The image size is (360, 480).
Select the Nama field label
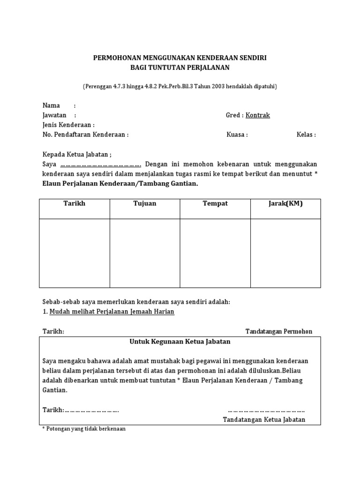[x=51, y=105]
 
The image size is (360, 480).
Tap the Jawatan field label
[x=54, y=115]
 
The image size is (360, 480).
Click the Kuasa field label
[x=236, y=135]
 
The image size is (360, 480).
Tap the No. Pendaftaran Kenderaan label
[x=84, y=135]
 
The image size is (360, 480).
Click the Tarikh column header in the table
[x=75, y=203]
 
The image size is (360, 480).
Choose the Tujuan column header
[x=145, y=203]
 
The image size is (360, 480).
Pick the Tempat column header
[x=215, y=203]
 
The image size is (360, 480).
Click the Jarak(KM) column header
[x=285, y=203]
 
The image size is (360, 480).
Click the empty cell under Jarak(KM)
[x=285, y=253]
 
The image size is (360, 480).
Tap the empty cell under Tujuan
[x=145, y=253]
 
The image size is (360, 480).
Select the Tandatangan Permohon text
[x=278, y=331]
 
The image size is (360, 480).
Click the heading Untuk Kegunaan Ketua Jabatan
[x=180, y=342]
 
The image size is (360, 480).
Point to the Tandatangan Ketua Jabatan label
[x=264, y=420]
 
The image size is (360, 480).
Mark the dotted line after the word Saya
[x=101, y=165]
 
